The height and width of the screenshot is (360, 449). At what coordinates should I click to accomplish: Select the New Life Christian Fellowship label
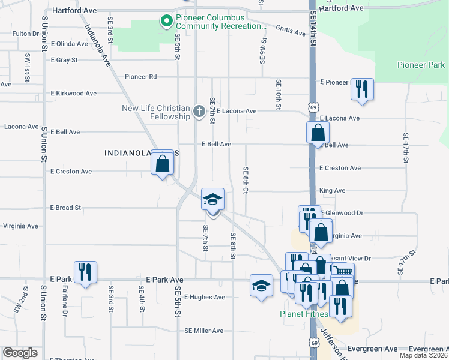(x=156, y=112)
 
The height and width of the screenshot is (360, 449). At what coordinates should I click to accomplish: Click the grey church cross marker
(x=199, y=111)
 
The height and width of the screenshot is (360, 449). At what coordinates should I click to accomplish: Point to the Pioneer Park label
(x=421, y=65)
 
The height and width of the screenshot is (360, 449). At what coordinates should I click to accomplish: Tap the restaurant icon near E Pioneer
(x=362, y=89)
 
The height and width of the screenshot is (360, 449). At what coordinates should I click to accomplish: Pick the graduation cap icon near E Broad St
(x=212, y=199)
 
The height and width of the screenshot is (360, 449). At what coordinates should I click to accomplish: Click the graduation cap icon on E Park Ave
(x=261, y=286)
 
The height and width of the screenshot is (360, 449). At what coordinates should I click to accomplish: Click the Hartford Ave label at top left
(x=75, y=10)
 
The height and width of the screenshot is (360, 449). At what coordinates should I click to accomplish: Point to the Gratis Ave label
(x=291, y=29)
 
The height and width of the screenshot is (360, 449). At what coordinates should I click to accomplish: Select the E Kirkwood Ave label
(x=74, y=94)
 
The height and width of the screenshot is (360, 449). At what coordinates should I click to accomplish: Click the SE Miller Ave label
(x=203, y=331)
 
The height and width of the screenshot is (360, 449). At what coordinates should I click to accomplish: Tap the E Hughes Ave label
(x=205, y=297)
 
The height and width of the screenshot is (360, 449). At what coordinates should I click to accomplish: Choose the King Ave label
(x=333, y=190)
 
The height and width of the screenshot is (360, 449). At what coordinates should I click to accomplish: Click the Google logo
(x=20, y=353)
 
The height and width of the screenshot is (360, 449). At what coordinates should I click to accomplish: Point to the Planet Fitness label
(x=304, y=314)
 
